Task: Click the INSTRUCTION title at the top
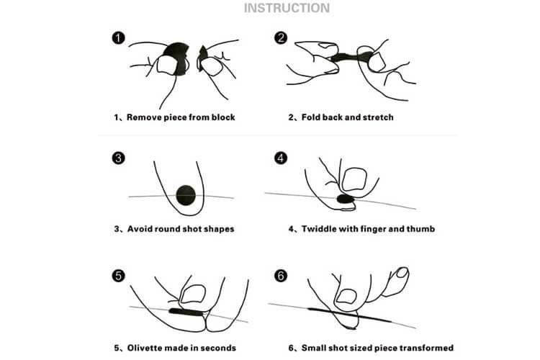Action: click(287, 8)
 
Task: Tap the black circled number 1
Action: click(119, 37)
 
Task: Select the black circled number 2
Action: click(281, 37)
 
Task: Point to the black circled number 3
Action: click(119, 158)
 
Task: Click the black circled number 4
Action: click(281, 158)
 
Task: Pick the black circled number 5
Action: click(119, 276)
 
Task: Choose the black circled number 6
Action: click(281, 276)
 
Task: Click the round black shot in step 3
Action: click(186, 195)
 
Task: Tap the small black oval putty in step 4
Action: click(346, 199)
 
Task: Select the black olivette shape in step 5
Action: click(188, 312)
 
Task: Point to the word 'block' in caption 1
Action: click(223, 117)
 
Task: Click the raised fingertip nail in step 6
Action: click(402, 272)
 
